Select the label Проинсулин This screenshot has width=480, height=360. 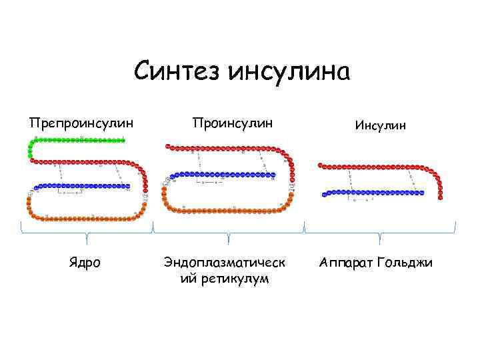tap(232, 123)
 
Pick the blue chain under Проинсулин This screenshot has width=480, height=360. tap(220, 175)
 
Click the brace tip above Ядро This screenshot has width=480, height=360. tap(87, 240)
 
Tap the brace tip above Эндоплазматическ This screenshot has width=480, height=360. tap(229, 240)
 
